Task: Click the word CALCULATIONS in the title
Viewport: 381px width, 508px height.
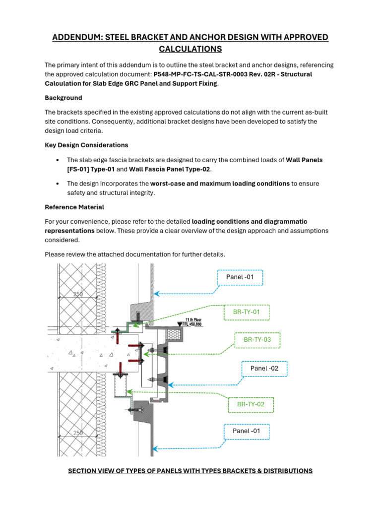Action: (190, 49)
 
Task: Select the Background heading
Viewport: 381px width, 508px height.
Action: (63, 98)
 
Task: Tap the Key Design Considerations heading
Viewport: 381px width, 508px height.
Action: (86, 145)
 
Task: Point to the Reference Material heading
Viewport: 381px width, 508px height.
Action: (74, 207)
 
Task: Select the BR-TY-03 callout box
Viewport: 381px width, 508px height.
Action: (257, 340)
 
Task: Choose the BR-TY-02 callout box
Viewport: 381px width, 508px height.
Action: (251, 404)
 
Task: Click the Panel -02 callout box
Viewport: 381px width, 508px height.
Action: (264, 368)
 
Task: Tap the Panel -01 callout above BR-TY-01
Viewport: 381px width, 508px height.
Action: (240, 277)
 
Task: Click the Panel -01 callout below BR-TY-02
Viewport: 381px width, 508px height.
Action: (246, 431)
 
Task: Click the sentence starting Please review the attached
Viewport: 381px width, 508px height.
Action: (135, 254)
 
